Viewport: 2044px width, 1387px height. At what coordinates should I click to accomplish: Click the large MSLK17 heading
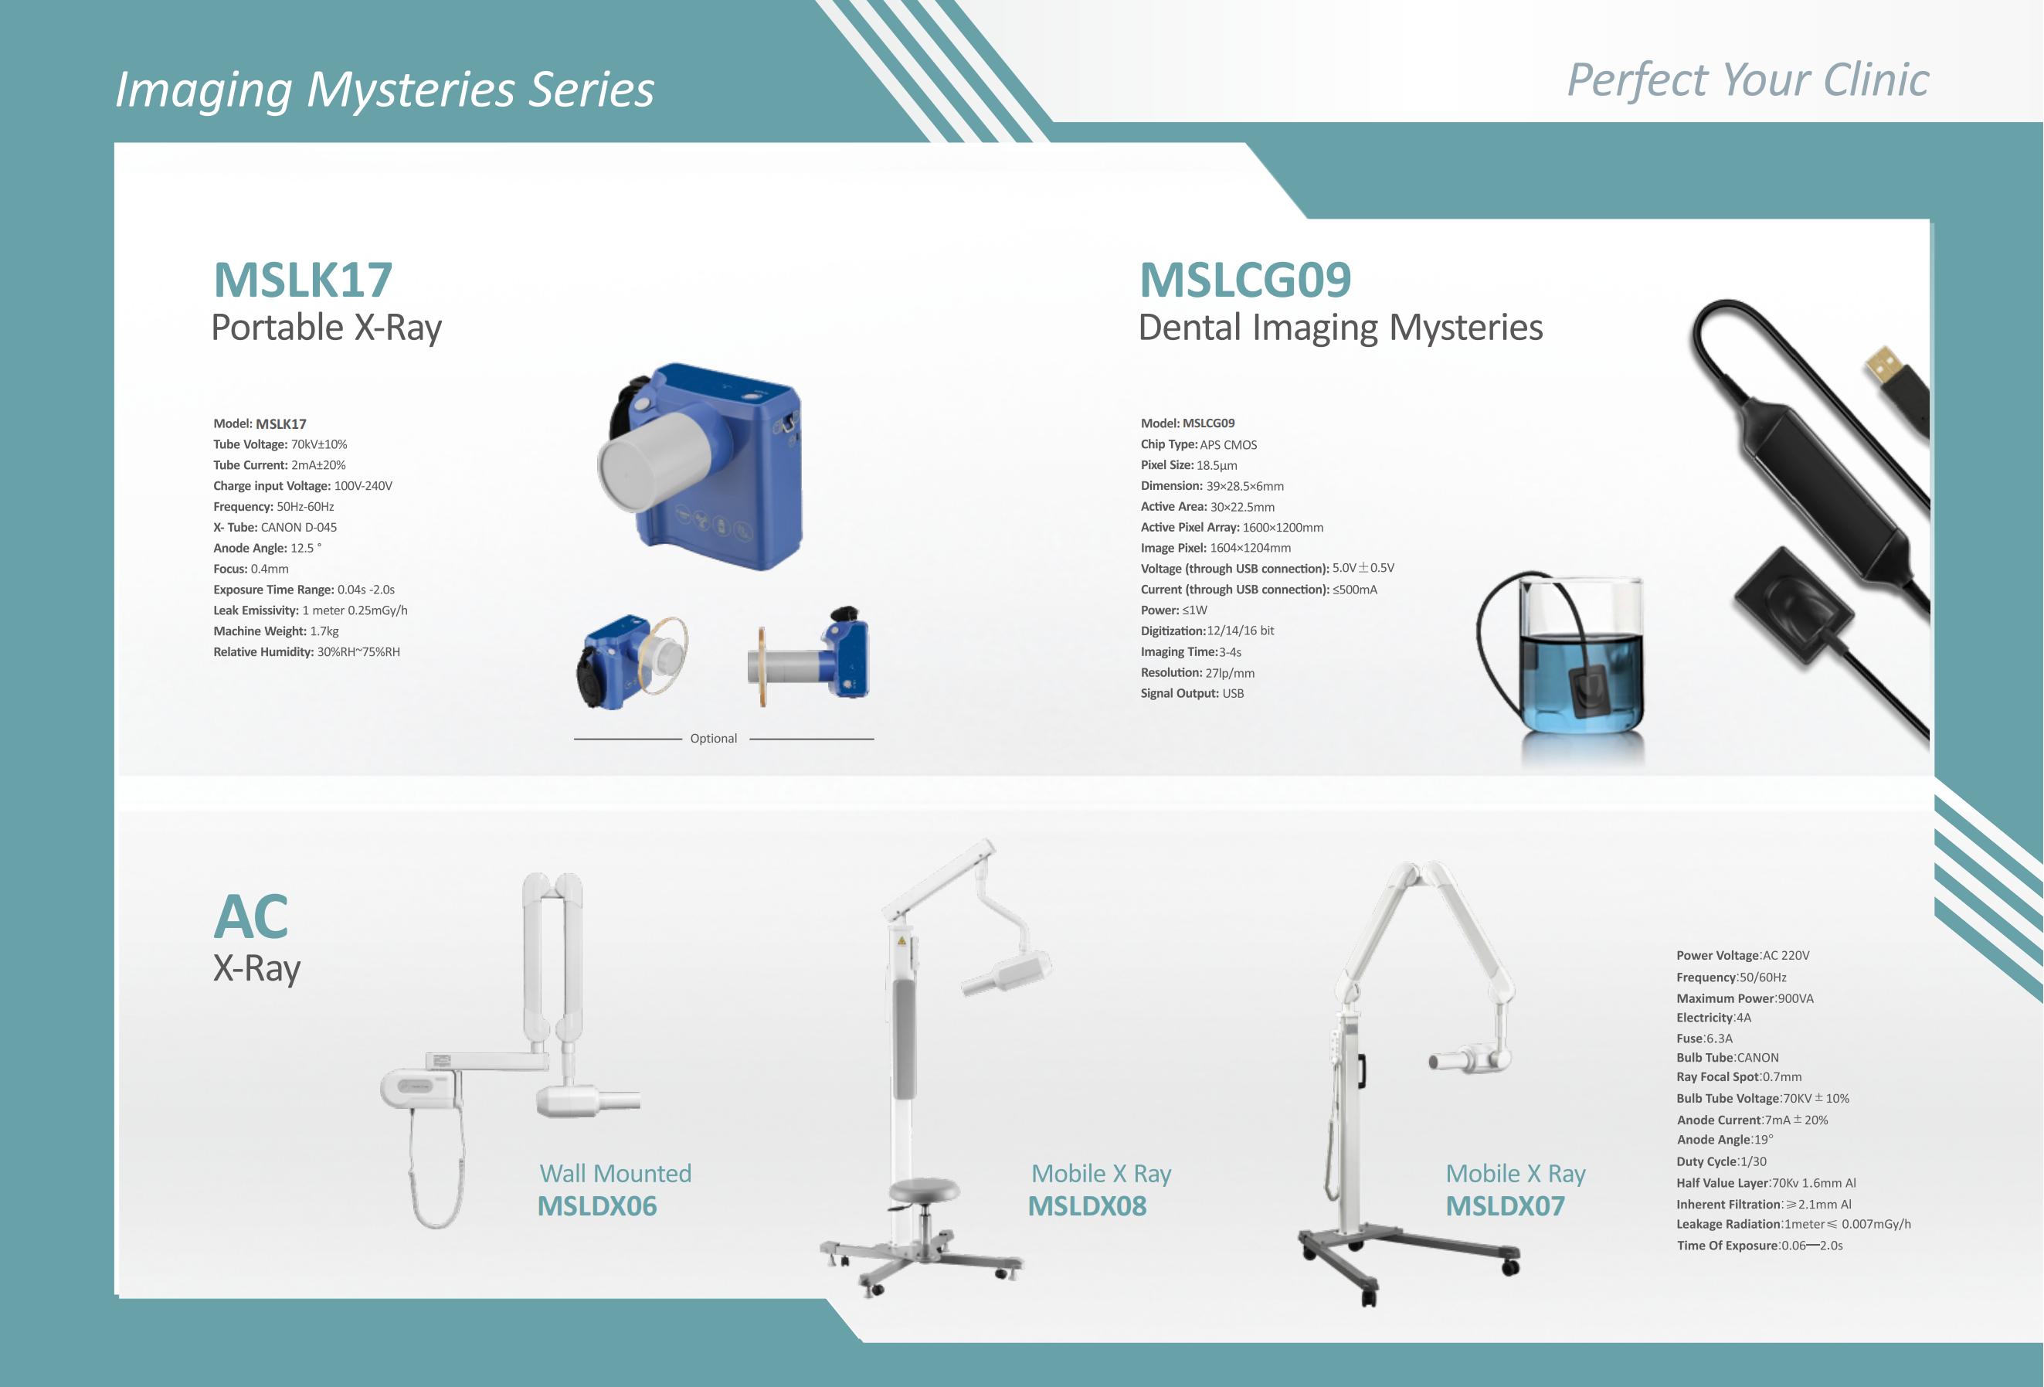pos(303,280)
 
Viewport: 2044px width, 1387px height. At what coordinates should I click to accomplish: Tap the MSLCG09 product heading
pos(1244,280)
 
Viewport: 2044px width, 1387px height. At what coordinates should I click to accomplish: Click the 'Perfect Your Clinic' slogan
pos(1747,81)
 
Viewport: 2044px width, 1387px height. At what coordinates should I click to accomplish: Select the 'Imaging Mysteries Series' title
pos(385,89)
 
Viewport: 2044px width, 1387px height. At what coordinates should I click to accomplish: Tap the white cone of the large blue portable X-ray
pos(655,460)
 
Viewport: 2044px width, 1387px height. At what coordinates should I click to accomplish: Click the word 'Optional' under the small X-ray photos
pos(713,739)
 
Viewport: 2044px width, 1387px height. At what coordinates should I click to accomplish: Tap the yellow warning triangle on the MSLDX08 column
pos(901,941)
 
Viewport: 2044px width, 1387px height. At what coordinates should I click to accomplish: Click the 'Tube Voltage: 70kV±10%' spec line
pos(280,444)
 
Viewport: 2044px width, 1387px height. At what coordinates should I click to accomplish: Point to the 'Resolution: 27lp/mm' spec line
pos(1197,673)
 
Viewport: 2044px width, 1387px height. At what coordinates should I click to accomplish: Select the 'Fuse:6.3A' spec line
pos(1703,1038)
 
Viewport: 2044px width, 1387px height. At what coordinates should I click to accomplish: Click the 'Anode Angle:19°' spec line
pos(1725,1140)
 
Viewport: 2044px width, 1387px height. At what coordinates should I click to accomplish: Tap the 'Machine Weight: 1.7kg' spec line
pos(275,631)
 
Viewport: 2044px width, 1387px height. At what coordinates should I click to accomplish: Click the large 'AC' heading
pos(250,916)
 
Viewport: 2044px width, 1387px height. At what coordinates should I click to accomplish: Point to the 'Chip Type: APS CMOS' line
pos(1199,444)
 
